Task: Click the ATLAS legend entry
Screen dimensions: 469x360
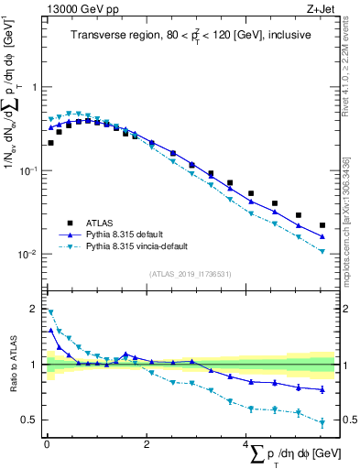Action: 102,223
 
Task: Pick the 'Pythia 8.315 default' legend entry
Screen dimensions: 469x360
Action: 128,234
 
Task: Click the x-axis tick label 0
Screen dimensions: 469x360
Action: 46,446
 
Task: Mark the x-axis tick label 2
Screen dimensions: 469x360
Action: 146,446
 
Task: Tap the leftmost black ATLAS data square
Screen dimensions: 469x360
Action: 50,143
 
